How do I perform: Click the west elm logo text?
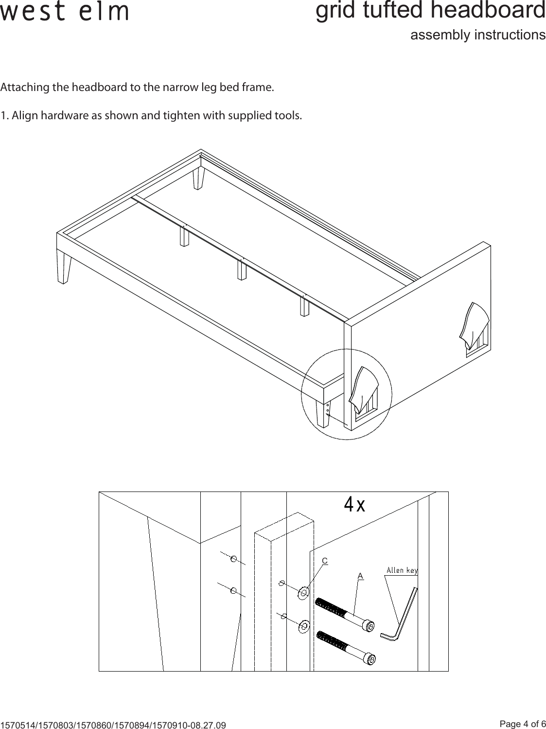[x=65, y=12]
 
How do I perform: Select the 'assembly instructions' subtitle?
[x=477, y=35]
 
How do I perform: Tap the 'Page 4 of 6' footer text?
[x=523, y=724]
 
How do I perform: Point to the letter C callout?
[x=325, y=561]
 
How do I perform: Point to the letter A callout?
[x=360, y=576]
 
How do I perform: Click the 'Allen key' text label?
[x=402, y=570]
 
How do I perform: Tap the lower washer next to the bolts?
[x=304, y=626]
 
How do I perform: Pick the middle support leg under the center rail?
[x=242, y=270]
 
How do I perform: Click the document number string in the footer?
[x=113, y=725]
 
